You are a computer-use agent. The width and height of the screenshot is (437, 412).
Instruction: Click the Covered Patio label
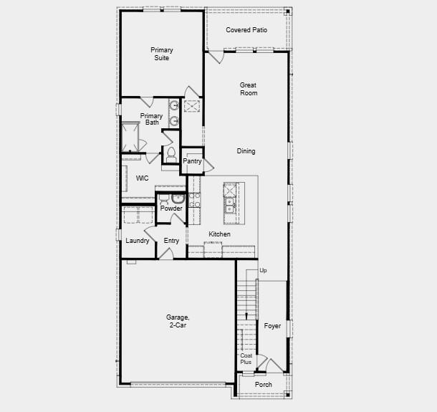click(246, 30)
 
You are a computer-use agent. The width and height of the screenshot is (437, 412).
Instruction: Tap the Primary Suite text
click(161, 54)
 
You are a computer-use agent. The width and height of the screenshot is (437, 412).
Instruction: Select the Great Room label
click(248, 89)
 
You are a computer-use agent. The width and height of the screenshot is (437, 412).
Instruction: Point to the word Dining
click(246, 151)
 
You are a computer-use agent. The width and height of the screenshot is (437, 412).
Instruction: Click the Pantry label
click(192, 161)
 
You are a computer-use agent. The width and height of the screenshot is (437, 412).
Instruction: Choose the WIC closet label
click(142, 178)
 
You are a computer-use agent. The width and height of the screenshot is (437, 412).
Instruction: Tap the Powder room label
click(171, 209)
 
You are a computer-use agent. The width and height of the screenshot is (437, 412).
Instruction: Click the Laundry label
click(138, 241)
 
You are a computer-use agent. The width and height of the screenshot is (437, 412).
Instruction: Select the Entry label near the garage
click(171, 241)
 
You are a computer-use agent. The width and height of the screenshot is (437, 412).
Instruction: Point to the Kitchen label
click(219, 234)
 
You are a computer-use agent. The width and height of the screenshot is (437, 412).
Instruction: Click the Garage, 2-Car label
click(178, 322)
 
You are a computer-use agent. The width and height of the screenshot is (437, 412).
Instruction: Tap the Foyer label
click(272, 326)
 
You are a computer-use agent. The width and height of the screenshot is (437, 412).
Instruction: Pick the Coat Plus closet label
click(246, 359)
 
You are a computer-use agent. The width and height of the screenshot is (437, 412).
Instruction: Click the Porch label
click(264, 385)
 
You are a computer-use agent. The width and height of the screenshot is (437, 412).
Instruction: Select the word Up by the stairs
click(263, 271)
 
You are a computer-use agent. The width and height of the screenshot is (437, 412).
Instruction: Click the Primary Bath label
click(151, 119)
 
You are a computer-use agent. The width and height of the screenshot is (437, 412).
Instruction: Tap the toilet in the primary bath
click(171, 153)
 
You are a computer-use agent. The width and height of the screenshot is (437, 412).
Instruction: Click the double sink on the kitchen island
click(229, 205)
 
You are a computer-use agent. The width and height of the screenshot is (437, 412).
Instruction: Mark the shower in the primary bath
click(130, 138)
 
